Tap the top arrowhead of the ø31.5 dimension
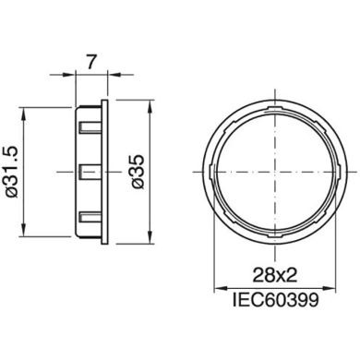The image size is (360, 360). point(33,104)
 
